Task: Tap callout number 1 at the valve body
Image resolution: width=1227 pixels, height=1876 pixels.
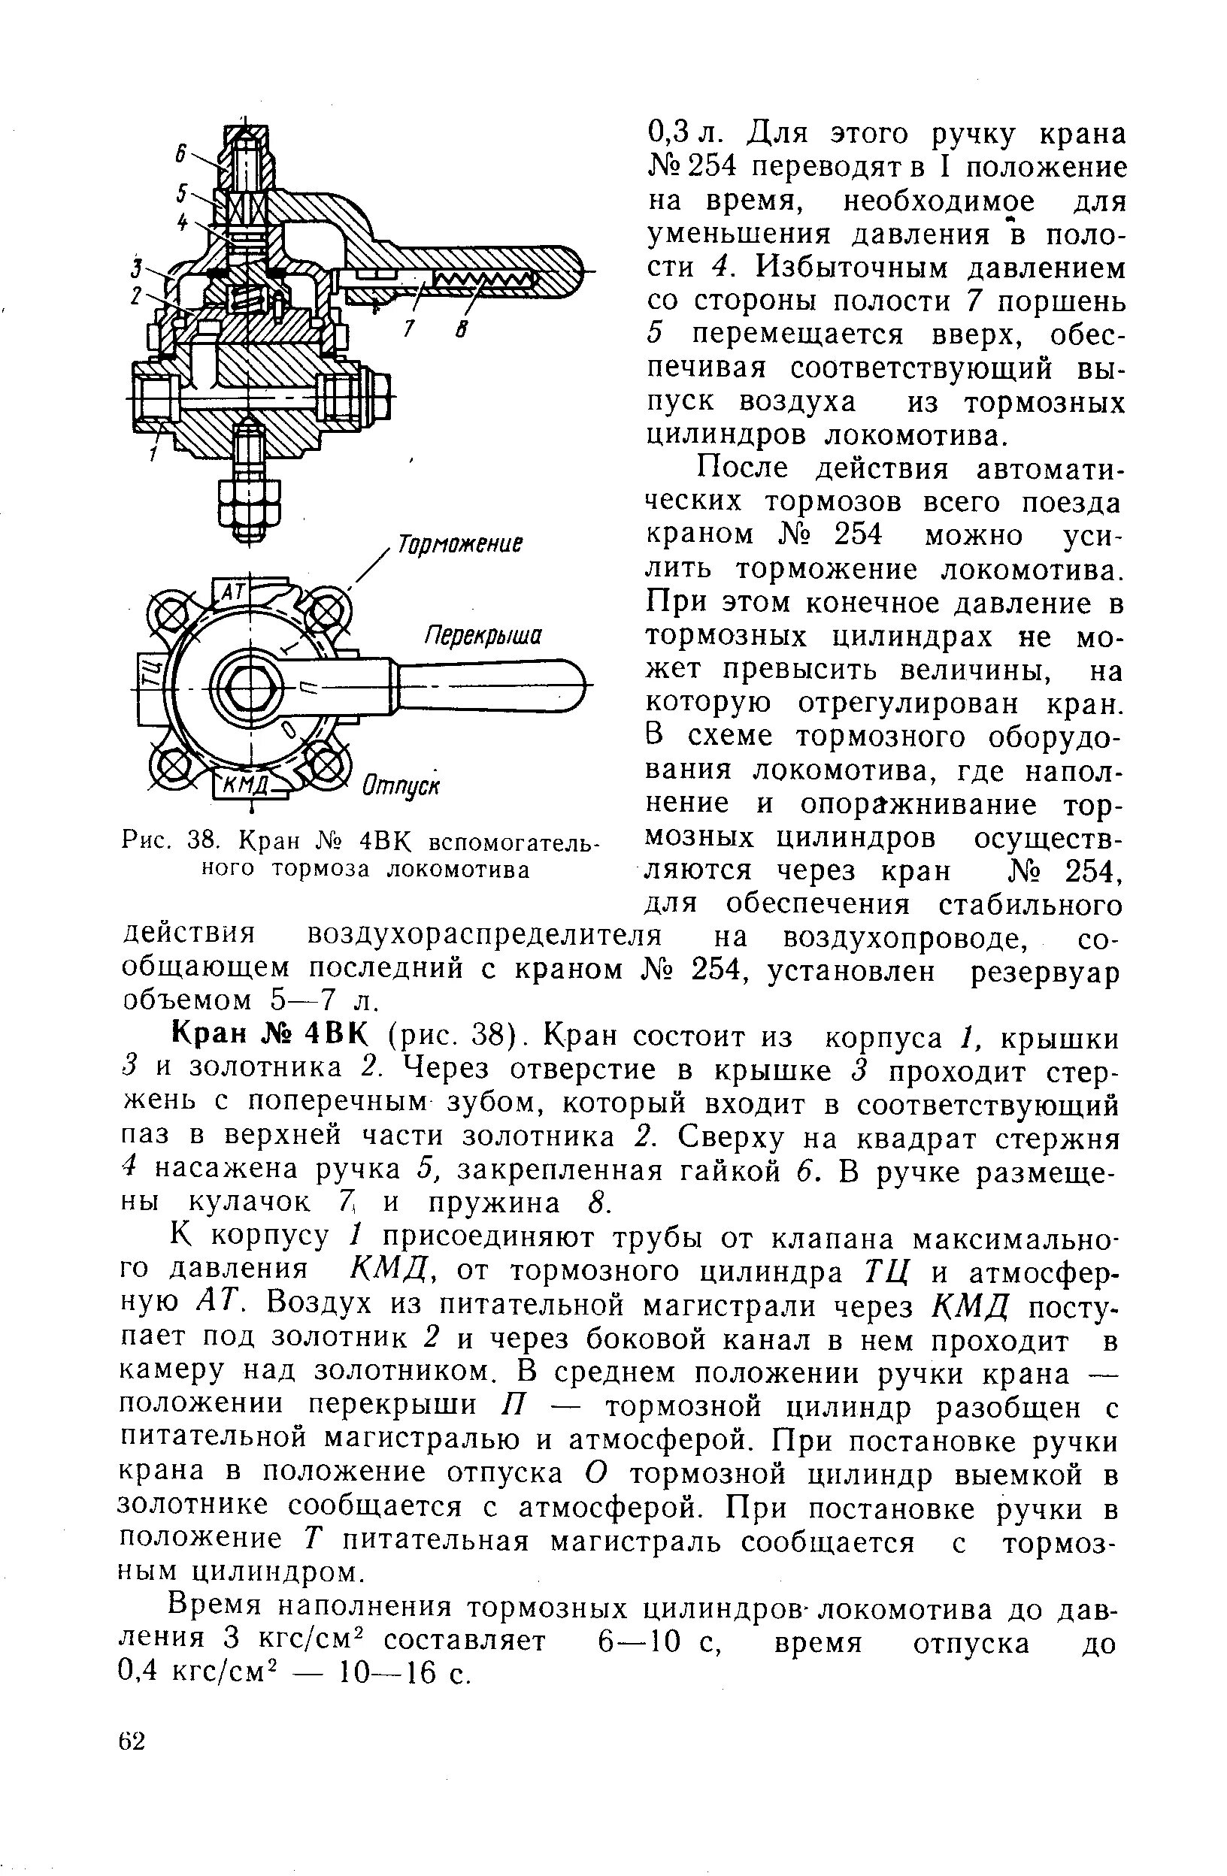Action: [155, 454]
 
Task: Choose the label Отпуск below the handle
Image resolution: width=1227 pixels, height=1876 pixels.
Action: [401, 786]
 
